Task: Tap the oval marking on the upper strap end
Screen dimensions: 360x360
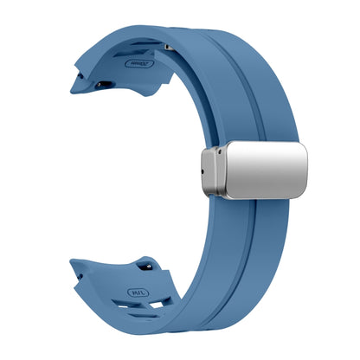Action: [138, 62]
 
